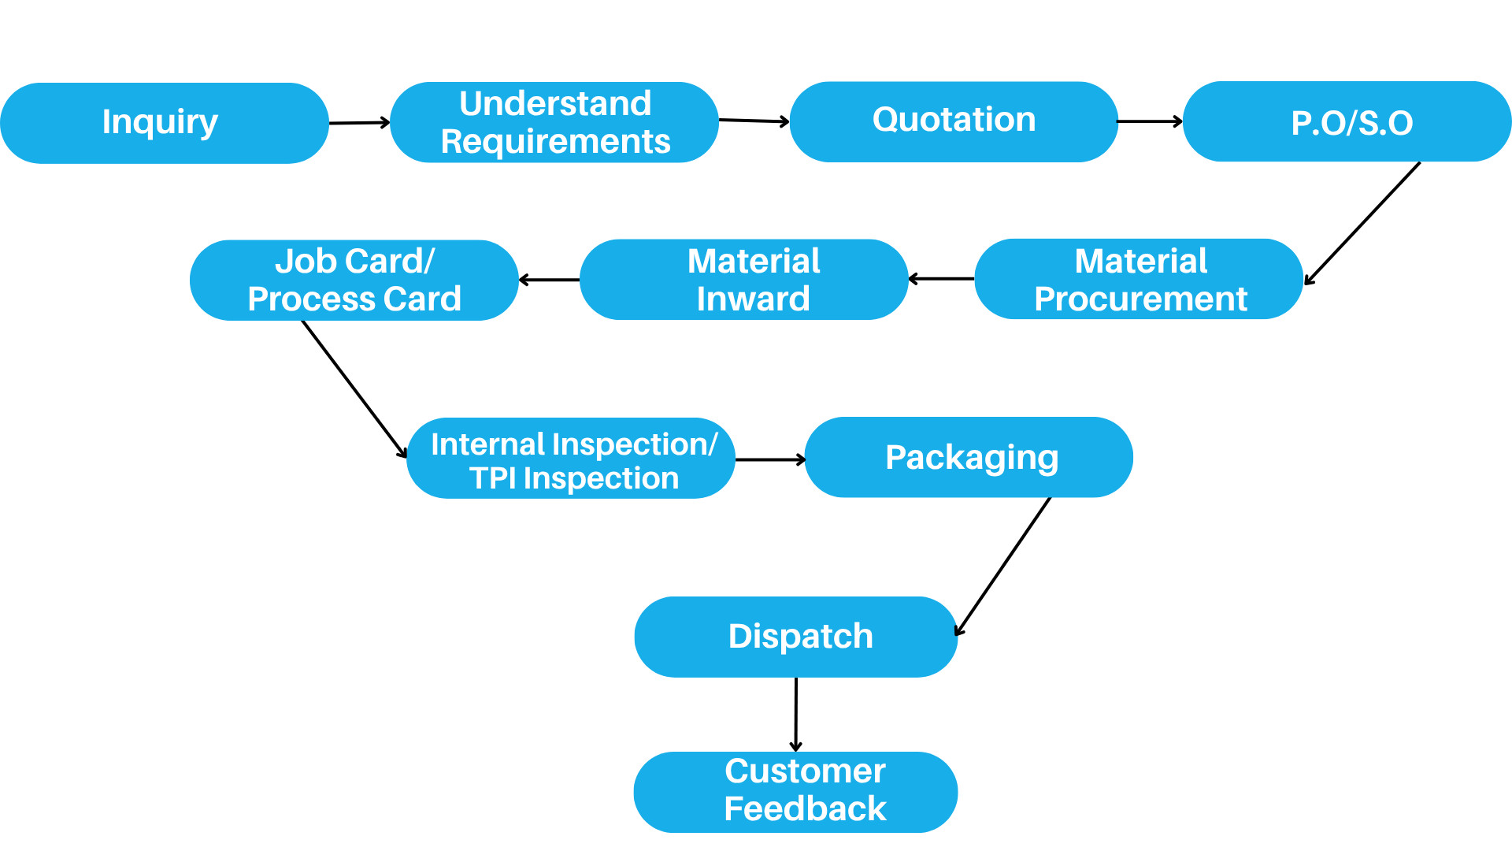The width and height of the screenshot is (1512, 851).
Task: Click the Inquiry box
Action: click(165, 123)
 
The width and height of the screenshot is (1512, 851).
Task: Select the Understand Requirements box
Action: click(554, 122)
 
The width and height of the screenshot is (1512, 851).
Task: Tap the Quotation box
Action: click(954, 121)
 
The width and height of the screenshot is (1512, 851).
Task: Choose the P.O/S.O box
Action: click(1347, 121)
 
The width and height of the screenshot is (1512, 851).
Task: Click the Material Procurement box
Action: click(1139, 279)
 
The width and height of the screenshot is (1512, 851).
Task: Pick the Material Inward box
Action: click(744, 279)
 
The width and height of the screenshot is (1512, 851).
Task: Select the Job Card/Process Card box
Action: click(354, 280)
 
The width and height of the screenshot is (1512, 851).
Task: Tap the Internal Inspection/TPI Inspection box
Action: click(571, 458)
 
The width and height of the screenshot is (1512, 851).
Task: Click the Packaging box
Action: click(969, 457)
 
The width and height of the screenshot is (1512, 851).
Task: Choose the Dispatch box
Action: click(796, 637)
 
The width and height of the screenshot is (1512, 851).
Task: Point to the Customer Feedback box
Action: click(796, 792)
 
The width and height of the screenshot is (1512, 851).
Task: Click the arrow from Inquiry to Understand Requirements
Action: click(360, 122)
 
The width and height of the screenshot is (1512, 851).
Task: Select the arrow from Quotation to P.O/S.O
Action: click(1151, 121)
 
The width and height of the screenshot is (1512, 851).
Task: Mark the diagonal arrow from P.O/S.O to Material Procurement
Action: click(1362, 224)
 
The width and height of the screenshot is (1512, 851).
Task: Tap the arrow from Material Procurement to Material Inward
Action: click(942, 279)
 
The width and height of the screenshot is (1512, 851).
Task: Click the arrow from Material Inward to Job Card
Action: click(550, 280)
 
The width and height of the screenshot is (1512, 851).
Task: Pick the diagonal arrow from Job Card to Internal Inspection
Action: click(355, 389)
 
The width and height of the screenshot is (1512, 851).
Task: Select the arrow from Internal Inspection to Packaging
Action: click(770, 459)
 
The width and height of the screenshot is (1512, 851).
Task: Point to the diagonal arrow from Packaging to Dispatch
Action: click(1003, 567)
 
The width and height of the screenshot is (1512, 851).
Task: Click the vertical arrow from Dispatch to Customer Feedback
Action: click(796, 715)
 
